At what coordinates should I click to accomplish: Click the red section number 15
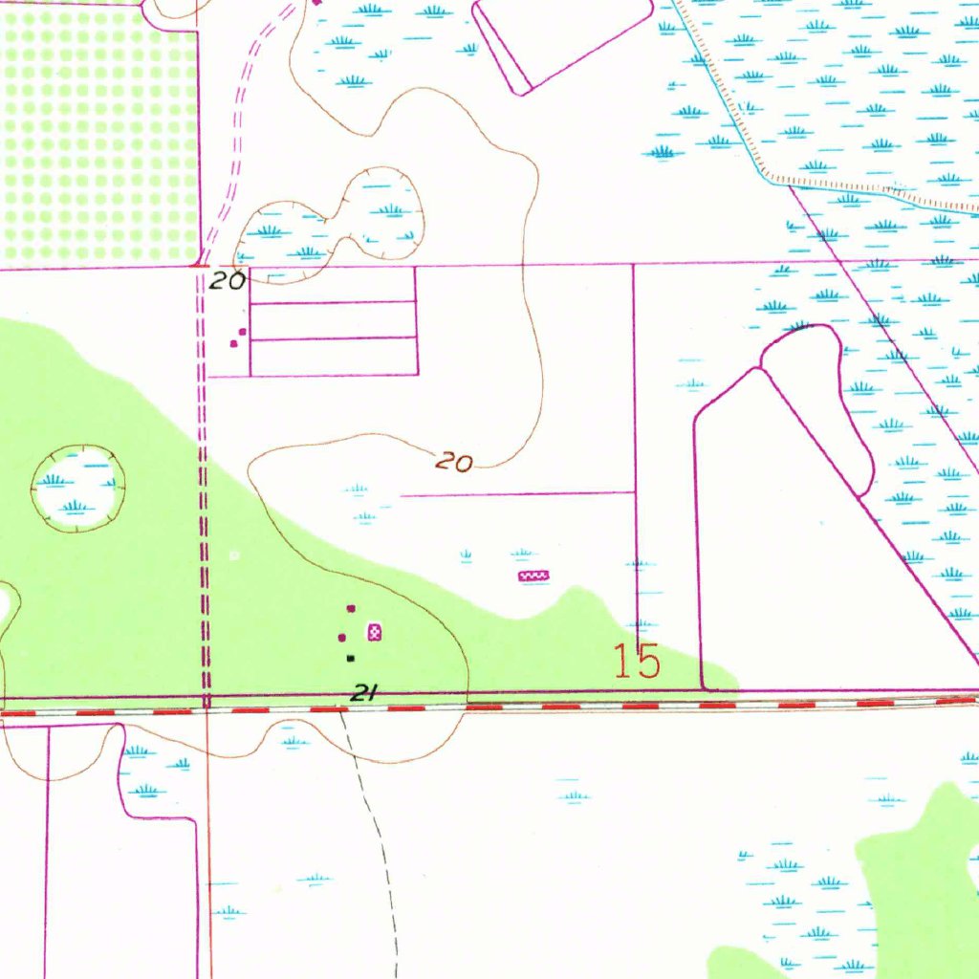[x=638, y=662]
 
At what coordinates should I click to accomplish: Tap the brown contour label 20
[x=454, y=463]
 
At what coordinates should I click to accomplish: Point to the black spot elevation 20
[x=229, y=280]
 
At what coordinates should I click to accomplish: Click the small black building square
[x=351, y=658]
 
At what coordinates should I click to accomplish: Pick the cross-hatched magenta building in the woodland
[x=375, y=631]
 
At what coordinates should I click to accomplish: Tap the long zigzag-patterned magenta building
[x=533, y=576]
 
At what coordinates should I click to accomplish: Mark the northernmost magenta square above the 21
[x=350, y=608]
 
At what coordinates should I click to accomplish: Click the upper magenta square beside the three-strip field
[x=242, y=332]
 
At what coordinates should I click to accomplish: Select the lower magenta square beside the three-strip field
[x=233, y=344]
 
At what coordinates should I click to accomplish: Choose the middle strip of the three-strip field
[x=333, y=320]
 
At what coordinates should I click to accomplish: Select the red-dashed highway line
[x=574, y=707]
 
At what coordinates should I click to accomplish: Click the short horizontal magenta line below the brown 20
[x=516, y=494]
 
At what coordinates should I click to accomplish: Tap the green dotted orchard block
[x=100, y=134]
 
